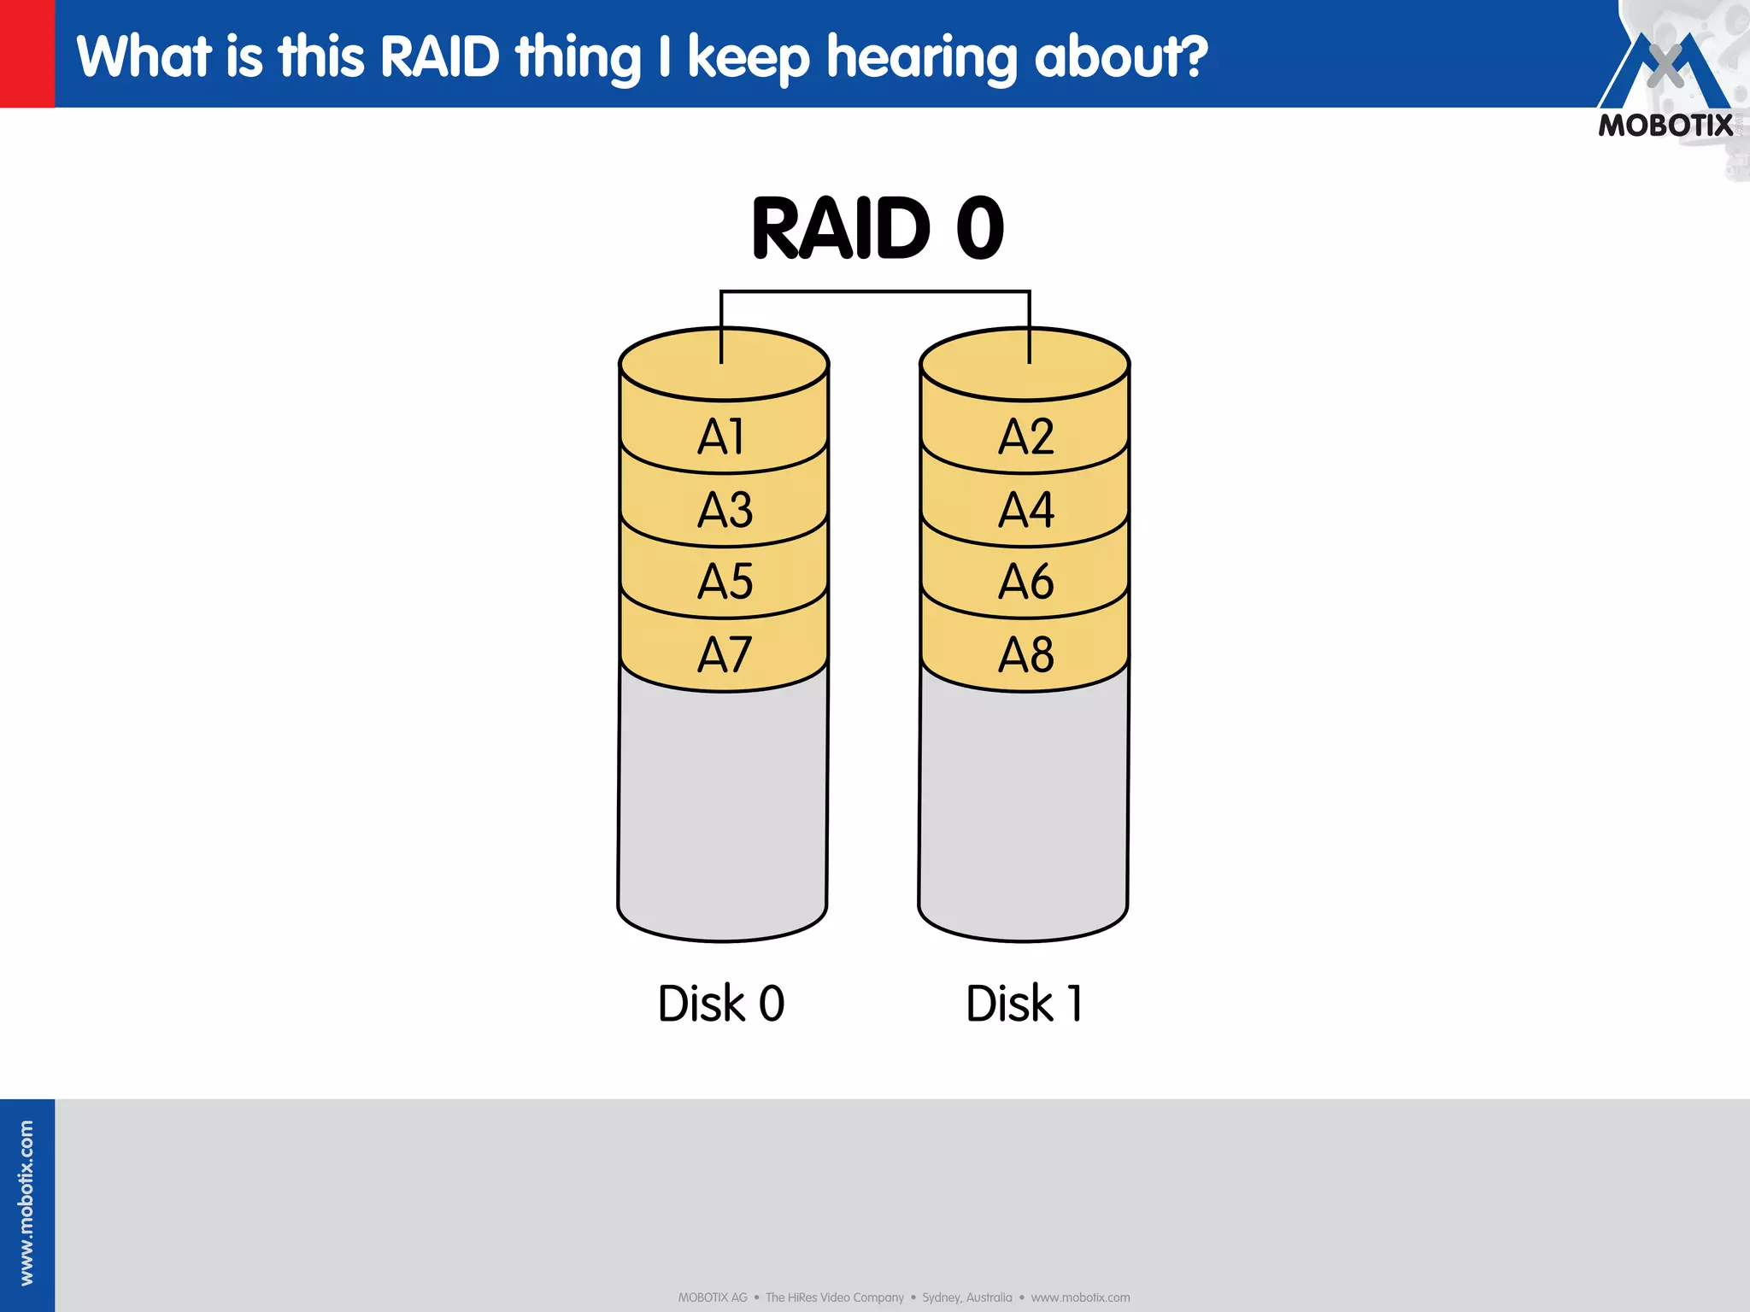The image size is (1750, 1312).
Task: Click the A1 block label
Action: [722, 437]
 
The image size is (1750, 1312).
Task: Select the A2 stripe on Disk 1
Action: [1025, 437]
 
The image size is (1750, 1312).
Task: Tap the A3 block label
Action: [725, 510]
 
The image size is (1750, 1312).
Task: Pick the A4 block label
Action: [1025, 510]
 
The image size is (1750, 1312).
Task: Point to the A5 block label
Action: [725, 583]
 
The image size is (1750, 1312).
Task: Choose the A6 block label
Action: [1025, 583]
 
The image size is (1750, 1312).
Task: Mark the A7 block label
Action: [725, 655]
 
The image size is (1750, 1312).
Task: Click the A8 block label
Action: [1025, 655]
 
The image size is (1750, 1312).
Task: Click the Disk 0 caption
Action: [721, 1004]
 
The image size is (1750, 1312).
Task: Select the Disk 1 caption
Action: [1024, 1004]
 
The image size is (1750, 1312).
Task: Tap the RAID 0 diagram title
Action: [878, 229]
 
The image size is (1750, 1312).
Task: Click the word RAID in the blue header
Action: [439, 57]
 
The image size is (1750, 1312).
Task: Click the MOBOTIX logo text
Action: [1665, 126]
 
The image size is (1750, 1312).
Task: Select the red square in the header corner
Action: [26, 53]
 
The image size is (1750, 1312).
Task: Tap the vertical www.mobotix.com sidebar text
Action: [26, 1203]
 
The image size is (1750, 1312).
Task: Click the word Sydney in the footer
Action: [940, 1297]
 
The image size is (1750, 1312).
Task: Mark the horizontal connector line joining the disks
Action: [875, 292]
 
